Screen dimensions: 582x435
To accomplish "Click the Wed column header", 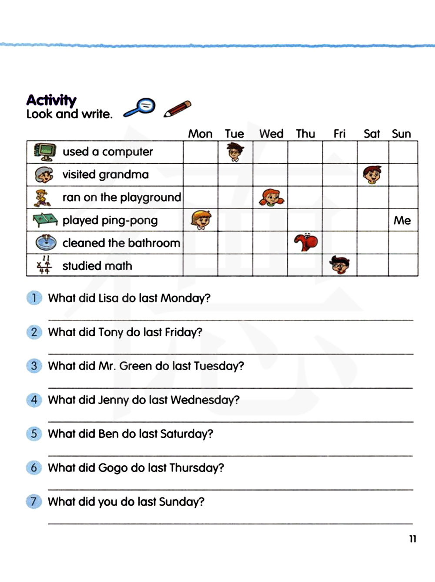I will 271,133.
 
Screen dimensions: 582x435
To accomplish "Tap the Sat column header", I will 371,133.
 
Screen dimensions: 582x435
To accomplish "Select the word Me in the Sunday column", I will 402,220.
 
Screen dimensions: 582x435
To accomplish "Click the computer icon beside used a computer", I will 45,152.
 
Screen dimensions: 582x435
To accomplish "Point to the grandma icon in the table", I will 44,175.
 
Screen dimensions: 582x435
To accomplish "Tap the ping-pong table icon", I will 45,220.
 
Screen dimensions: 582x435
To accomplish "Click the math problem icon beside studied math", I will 44,265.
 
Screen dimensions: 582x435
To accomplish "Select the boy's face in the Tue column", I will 235,152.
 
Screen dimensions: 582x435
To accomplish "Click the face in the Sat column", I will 372,175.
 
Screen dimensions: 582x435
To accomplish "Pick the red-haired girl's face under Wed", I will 271,197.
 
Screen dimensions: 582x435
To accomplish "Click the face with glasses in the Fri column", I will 339,265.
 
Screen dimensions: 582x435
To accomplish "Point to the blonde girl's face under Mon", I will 201,220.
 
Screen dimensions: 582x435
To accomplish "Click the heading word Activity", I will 51,100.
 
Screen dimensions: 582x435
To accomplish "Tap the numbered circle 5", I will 34,434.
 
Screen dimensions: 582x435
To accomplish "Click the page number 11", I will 412,539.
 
